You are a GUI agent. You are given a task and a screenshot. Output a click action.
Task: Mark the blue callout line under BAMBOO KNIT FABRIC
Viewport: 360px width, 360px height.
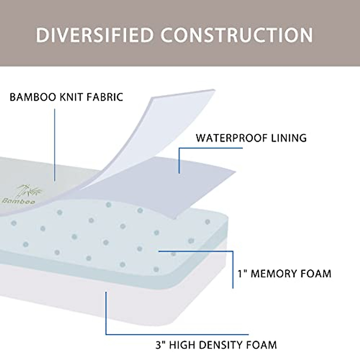pyautogui.click(x=55, y=144)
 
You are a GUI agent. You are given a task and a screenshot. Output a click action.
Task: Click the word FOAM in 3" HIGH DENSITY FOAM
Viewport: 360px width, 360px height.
pyautogui.click(x=263, y=345)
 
